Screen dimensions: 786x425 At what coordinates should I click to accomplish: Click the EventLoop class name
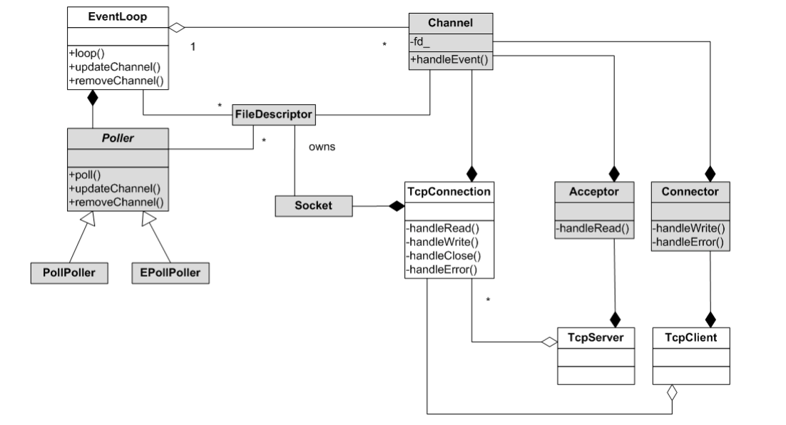pos(117,16)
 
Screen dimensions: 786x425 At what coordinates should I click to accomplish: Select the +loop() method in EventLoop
pos(87,53)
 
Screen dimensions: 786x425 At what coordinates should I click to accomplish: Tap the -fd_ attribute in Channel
pos(419,41)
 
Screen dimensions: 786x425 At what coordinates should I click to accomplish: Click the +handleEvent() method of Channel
pos(449,60)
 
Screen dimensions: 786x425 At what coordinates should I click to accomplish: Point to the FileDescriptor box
pos(274,115)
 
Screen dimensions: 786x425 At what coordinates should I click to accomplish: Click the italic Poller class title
pos(118,138)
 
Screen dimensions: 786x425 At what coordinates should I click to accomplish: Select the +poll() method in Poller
pos(85,175)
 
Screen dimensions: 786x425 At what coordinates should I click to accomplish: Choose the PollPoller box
pos(69,273)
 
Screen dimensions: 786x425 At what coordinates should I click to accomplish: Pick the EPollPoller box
pos(170,273)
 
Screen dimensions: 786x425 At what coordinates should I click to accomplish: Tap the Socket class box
pos(314,206)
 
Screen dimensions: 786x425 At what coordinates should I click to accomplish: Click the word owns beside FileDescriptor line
pos(322,147)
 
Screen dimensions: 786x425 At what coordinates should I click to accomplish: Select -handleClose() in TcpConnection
pos(443,255)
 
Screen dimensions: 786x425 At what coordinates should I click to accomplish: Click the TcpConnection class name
pos(449,191)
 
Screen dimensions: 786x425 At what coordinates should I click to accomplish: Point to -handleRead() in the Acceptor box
pos(593,228)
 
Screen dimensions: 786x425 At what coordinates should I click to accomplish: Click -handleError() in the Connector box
pos(688,242)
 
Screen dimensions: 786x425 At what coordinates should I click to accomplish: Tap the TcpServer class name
pos(596,337)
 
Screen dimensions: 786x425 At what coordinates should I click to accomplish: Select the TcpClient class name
pos(690,337)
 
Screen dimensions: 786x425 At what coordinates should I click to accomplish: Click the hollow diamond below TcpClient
pos(672,393)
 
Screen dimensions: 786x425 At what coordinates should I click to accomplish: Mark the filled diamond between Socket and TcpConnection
pos(397,206)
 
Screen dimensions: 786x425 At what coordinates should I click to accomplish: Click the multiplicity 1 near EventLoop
pos(193,46)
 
